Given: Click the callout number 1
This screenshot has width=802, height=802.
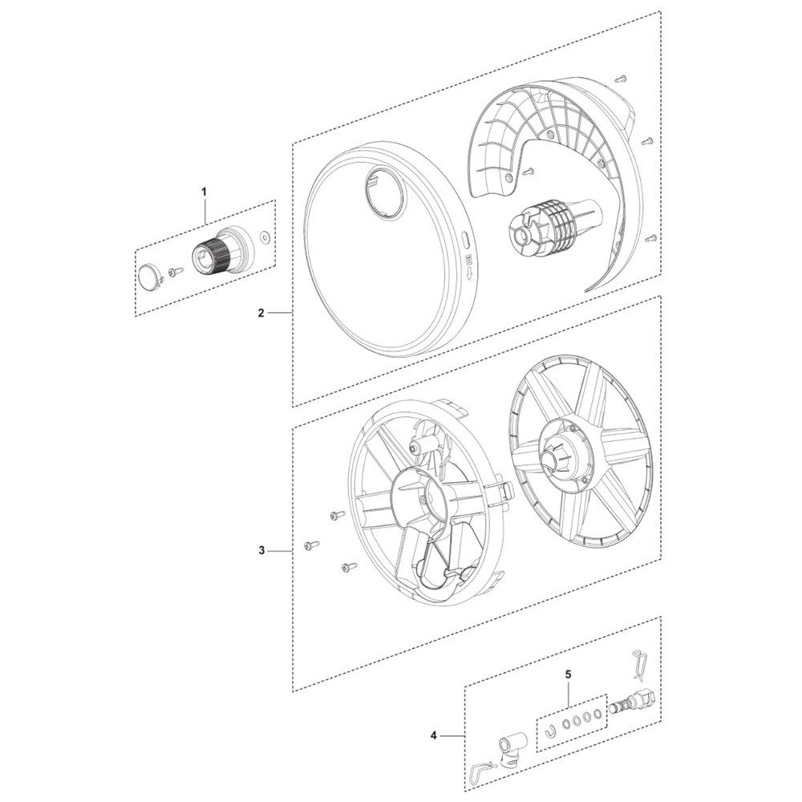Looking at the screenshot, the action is pos(204,192).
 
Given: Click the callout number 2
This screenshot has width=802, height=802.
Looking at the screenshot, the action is pos(261,313).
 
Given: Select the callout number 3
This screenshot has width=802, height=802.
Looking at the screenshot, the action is pos(261,551).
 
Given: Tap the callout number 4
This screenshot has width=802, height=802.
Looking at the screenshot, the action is pos(434,736).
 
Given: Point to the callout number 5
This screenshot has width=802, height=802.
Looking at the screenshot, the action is pos(568,674).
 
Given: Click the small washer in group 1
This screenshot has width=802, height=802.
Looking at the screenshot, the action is pos(265,236).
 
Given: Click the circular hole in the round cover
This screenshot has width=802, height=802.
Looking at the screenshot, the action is pos(386,192).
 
